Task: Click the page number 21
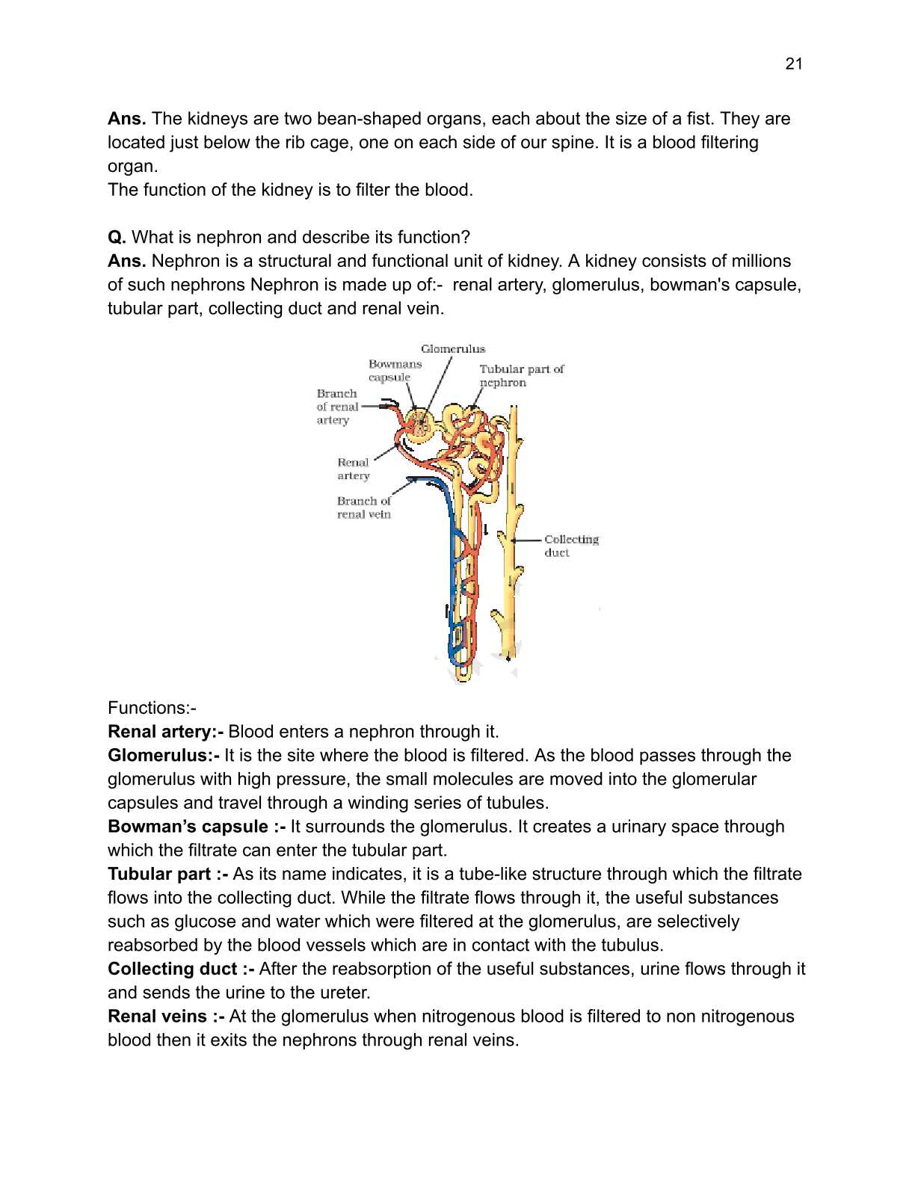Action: [x=793, y=64]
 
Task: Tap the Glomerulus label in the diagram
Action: [x=452, y=349]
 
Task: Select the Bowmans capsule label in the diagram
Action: [x=394, y=371]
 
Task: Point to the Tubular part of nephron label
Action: [x=520, y=375]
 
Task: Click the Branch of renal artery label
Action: [x=337, y=407]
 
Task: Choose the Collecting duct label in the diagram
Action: [x=570, y=546]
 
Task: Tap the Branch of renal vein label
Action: [x=363, y=508]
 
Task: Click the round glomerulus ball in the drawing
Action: [x=420, y=423]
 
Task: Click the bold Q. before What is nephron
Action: [x=117, y=238]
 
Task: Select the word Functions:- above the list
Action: [x=152, y=708]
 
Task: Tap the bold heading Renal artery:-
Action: [x=165, y=732]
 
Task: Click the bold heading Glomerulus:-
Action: [x=163, y=756]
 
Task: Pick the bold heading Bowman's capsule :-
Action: [x=196, y=827]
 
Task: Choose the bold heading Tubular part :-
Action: [x=167, y=875]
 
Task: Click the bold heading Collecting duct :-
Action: [x=181, y=969]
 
